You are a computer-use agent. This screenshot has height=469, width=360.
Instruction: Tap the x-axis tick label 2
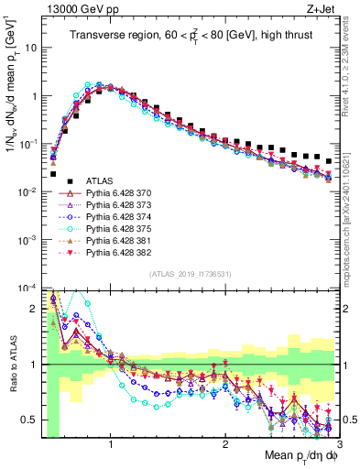[x=225, y=444]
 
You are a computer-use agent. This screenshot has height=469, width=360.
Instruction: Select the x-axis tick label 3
[x=339, y=444]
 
